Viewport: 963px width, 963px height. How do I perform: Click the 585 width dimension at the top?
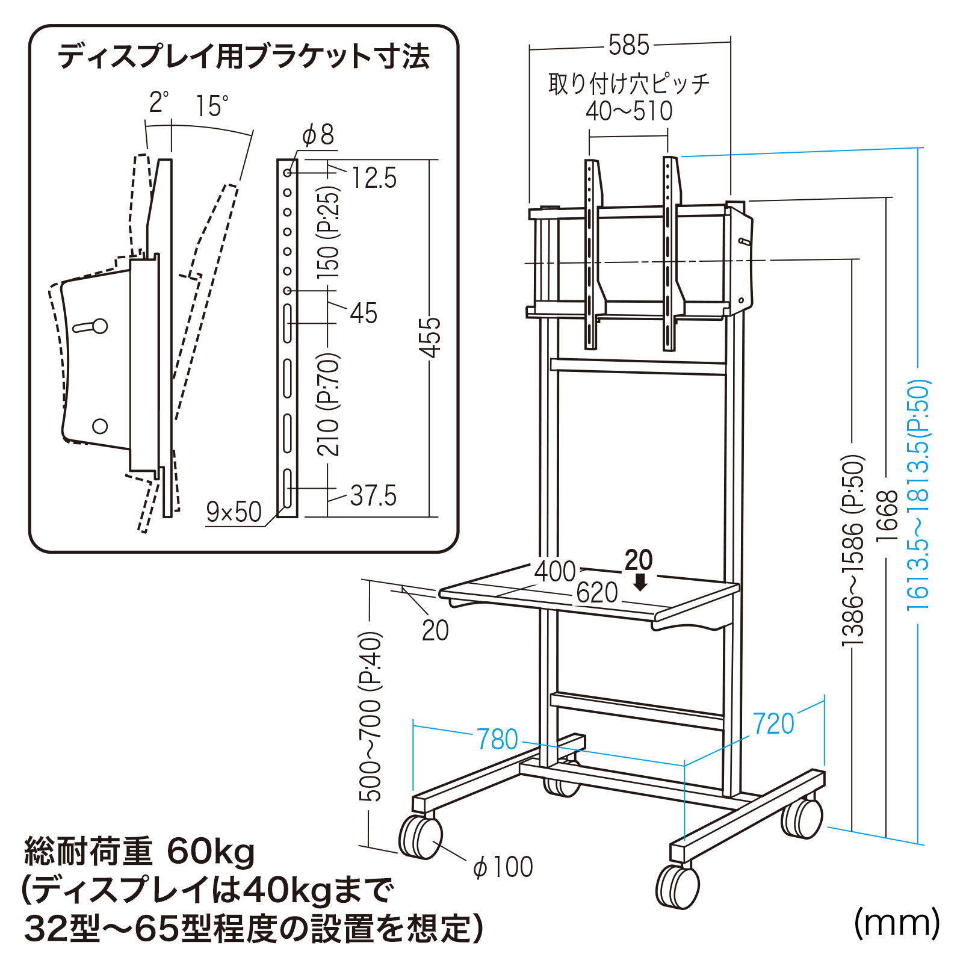point(628,45)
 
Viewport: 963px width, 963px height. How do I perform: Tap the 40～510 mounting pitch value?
point(629,111)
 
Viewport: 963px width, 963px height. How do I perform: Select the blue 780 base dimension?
point(497,739)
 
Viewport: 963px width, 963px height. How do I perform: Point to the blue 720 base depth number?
point(773,723)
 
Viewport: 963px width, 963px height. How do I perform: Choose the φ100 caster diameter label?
point(503,867)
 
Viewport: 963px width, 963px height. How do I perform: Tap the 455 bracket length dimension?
point(430,337)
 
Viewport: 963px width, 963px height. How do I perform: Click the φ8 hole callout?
point(318,135)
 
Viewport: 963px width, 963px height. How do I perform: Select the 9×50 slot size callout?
point(234,512)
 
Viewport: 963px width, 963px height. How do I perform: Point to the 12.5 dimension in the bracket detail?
point(374,178)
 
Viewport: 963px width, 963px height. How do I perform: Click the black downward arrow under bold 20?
point(640,582)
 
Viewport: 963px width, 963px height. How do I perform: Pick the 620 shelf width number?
point(597,593)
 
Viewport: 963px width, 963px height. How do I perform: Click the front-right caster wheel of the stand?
point(678,886)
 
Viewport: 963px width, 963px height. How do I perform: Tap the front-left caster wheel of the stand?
point(420,836)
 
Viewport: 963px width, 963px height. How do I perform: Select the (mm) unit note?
point(896,923)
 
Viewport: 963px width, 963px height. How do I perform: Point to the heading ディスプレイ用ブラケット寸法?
point(244,57)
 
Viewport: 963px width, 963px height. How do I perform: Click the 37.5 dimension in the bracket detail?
point(373,496)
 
